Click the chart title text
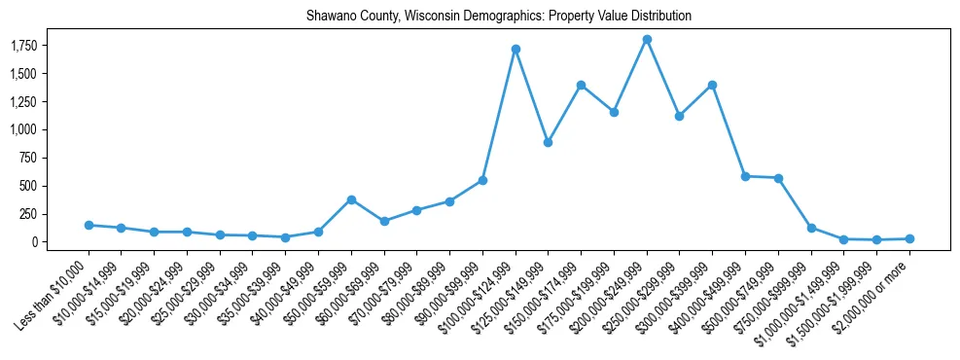499,17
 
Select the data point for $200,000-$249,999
647,40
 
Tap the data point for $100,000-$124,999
516,49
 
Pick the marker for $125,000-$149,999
549,142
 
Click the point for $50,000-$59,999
351,199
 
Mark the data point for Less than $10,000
89,225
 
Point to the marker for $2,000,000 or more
909,238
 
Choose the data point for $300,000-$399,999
712,85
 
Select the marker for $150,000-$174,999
581,85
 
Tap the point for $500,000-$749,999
778,178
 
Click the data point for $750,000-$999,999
811,228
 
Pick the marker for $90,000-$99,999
482,180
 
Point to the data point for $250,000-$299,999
680,116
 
